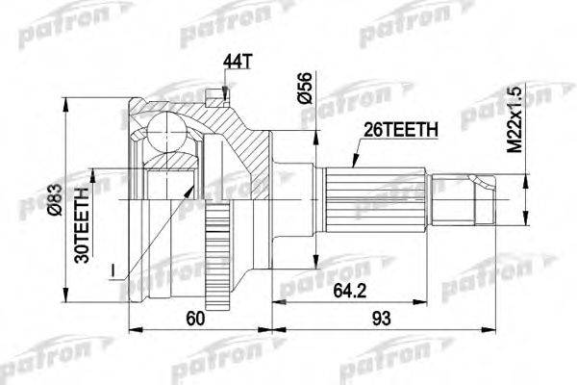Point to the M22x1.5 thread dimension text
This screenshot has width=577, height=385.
coord(515,118)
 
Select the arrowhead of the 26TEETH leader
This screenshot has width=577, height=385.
coord(339,168)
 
